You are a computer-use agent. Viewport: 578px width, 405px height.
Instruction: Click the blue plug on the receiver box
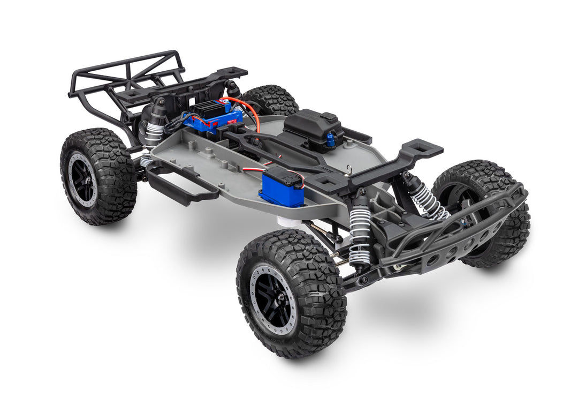[x=331, y=141]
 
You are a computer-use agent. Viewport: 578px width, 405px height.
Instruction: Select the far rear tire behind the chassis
[x=270, y=99]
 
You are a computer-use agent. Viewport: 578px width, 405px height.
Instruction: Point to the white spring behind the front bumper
[x=428, y=201]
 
